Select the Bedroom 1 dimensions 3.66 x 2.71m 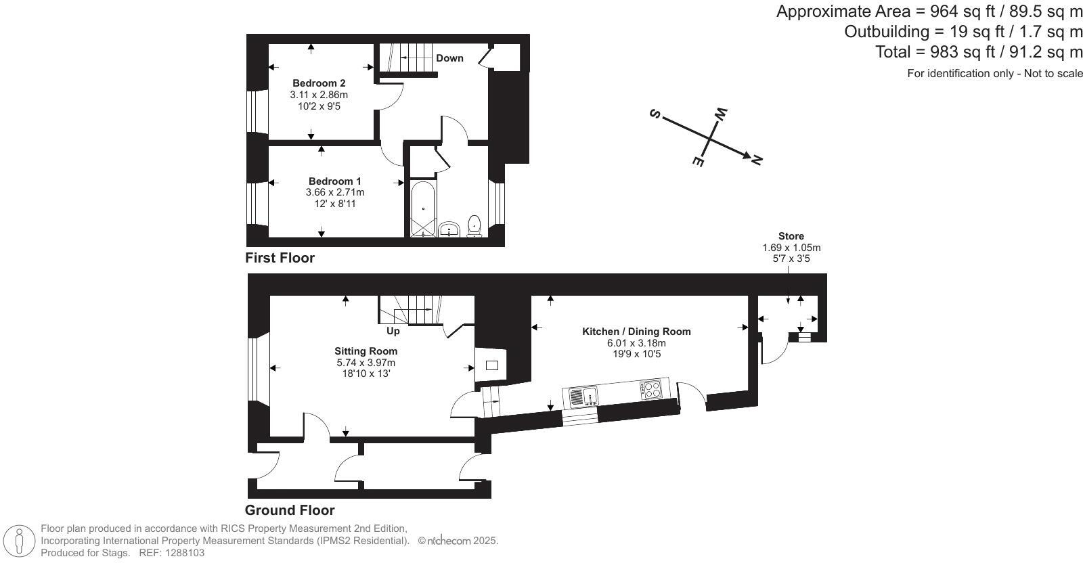334,192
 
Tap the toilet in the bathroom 474,225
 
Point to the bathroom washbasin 449,229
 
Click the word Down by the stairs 449,58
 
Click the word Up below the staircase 393,331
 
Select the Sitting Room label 366,351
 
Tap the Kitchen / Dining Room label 636,332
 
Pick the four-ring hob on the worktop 651,389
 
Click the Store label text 791,236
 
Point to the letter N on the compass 756,160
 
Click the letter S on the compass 655,114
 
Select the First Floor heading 280,258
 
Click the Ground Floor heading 290,510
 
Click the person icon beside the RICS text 20,541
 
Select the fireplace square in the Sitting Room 492,365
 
